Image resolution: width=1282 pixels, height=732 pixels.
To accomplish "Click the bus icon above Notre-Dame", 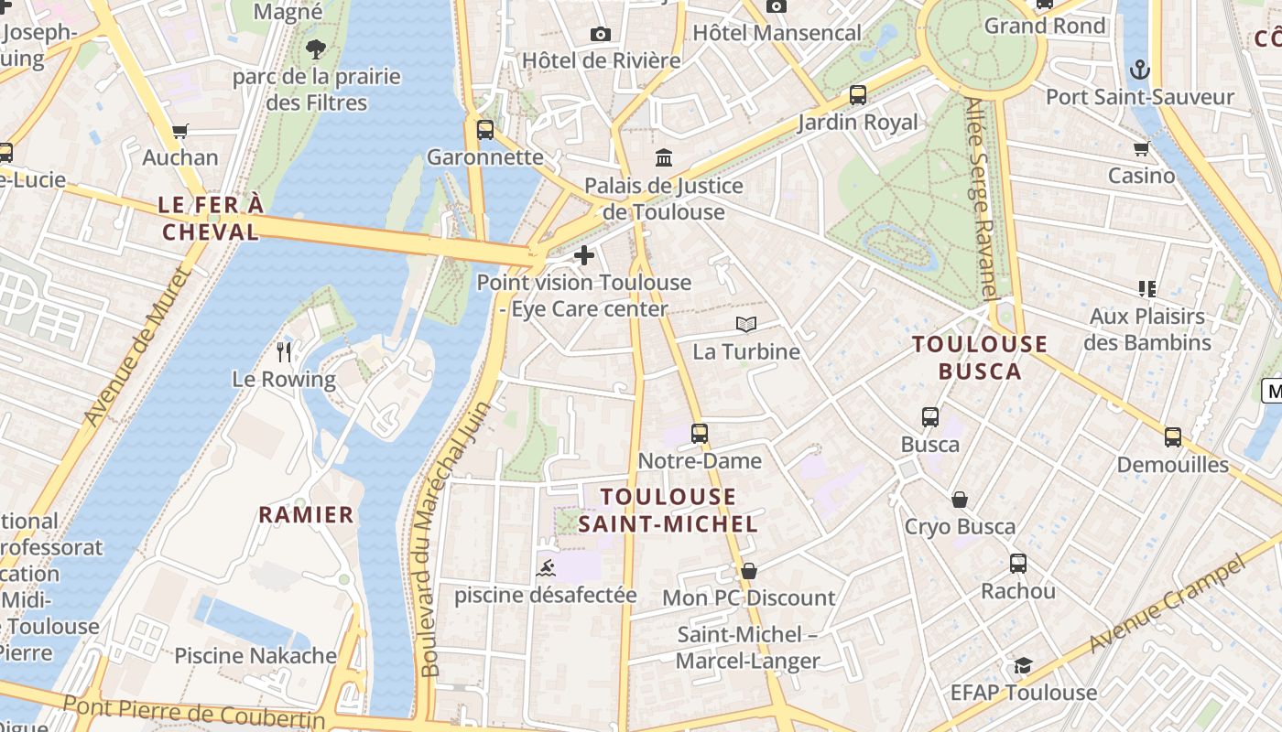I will [700, 433].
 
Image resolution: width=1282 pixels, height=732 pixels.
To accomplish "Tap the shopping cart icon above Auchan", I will [180, 131].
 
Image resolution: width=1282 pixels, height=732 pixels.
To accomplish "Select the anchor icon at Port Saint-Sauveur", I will [1140, 70].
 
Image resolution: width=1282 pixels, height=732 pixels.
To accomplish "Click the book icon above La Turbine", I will [746, 324].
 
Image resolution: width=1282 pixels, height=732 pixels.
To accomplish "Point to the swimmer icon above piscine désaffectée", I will [545, 567].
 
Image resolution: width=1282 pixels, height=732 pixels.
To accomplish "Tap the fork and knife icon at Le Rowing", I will [284, 351].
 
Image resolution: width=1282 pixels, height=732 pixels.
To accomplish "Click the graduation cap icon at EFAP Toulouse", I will [1023, 665].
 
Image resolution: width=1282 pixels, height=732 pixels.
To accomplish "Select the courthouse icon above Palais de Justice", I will [664, 157].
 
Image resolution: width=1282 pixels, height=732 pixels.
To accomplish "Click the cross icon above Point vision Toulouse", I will [584, 255].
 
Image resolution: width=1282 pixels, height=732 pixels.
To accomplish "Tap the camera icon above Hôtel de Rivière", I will [601, 34].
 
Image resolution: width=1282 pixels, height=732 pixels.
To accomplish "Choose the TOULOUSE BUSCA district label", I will [980, 358].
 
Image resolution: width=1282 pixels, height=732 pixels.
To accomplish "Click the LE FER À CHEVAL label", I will [211, 218].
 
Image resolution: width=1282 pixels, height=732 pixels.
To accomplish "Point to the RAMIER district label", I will [306, 514].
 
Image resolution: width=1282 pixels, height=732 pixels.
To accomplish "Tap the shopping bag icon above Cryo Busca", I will [960, 500].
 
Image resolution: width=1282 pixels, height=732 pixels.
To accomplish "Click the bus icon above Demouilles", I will [1173, 436].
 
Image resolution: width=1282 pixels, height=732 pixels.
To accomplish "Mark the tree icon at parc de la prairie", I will [316, 48].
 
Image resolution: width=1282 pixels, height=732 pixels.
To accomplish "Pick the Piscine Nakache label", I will [255, 655].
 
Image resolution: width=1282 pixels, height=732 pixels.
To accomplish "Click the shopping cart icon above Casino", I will [1141, 148].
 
